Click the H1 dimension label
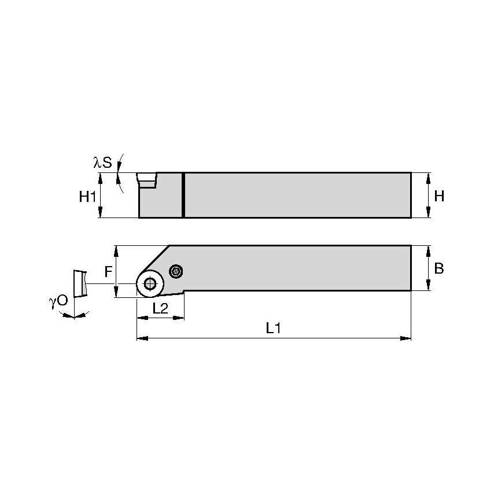tap(88, 197)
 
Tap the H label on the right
tap(439, 196)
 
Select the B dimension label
tap(439, 268)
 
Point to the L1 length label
tap(273, 328)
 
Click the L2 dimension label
tap(160, 308)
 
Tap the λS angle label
tap(103, 163)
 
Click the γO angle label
tap(58, 301)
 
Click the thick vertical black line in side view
tap(183, 195)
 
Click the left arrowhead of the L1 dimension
tap(139, 337)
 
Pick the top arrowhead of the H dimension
tap(429, 175)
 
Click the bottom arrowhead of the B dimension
tap(429, 287)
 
